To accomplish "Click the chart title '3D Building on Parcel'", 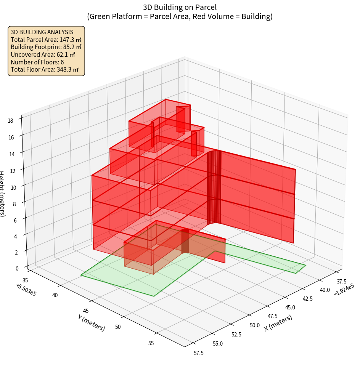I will click(x=180, y=7).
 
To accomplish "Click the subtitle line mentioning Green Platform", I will click(x=180, y=16).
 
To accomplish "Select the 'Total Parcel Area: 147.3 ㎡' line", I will click(x=46, y=40).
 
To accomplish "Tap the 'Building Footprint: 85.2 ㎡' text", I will click(x=46, y=47).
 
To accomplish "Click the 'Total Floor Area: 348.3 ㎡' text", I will click(x=45, y=70).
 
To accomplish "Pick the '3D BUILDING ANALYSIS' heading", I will click(x=42, y=32).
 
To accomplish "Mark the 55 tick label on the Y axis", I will click(x=151, y=343).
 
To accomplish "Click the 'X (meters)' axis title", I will click(x=278, y=323).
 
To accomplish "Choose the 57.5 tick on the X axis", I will click(x=198, y=353).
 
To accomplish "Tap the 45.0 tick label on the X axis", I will click(x=290, y=307).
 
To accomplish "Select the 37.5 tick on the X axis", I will click(x=342, y=281).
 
